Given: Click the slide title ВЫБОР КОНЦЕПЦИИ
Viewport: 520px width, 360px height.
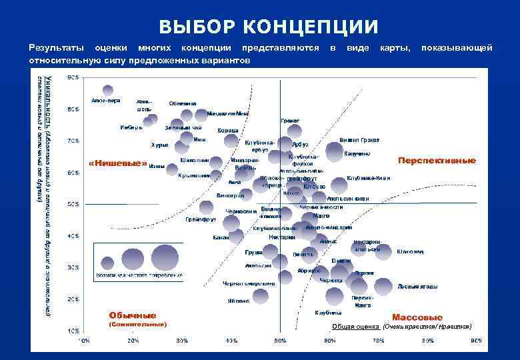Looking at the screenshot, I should click(269, 27).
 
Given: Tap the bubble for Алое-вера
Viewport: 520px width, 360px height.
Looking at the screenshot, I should click(107, 91).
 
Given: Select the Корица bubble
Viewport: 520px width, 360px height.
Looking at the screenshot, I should click(231, 140).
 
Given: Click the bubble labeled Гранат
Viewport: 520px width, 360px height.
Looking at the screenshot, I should click(294, 131).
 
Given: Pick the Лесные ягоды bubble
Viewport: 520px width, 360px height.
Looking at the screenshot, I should click(383, 286).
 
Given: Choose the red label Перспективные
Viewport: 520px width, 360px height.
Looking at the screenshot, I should click(437, 160).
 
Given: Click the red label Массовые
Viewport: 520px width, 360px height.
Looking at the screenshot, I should click(417, 317).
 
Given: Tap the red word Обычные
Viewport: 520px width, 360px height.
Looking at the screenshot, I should click(133, 315).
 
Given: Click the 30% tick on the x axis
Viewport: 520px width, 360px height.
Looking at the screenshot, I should click(182, 340).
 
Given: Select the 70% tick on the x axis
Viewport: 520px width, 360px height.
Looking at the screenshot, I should click(378, 340).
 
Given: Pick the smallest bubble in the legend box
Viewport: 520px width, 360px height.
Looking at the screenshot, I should click(107, 260).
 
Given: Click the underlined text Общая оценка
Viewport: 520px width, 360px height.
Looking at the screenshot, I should click(355, 327).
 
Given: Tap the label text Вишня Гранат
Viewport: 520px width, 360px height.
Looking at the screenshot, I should click(360, 140).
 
